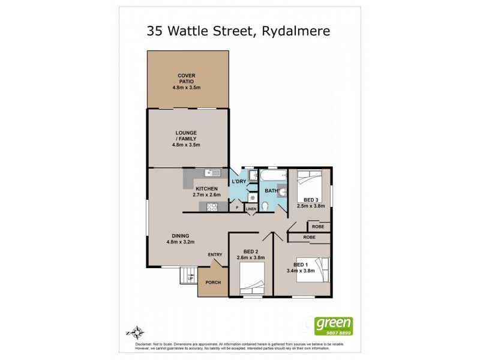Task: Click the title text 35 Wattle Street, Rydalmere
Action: pyautogui.click(x=239, y=31)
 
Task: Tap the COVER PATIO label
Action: pyautogui.click(x=187, y=80)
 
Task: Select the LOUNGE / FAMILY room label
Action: pyautogui.click(x=187, y=138)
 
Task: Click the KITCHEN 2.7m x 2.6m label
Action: pyautogui.click(x=207, y=192)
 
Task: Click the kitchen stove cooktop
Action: pyautogui.click(x=211, y=207)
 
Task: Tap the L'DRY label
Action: pyautogui.click(x=239, y=181)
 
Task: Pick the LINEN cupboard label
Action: pyautogui.click(x=251, y=208)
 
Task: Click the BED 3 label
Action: pyautogui.click(x=310, y=200)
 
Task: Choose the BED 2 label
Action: pyautogui.click(x=251, y=251)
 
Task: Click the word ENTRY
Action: pyautogui.click(x=215, y=255)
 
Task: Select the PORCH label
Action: pyautogui.click(x=213, y=282)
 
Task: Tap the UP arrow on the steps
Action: pyautogui.click(x=191, y=278)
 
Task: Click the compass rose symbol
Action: pyautogui.click(x=139, y=331)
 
